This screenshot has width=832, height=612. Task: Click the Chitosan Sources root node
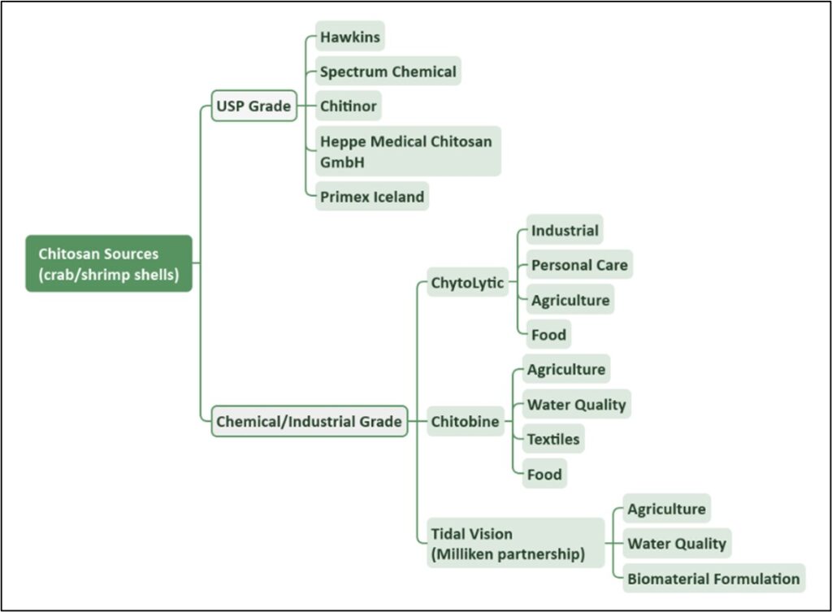109,263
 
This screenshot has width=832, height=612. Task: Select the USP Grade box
253,106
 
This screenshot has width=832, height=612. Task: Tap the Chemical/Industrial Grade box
309,422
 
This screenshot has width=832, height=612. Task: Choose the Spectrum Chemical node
388,72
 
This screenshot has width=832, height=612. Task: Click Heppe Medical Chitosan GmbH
406,151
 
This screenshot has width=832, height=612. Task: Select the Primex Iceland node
371,197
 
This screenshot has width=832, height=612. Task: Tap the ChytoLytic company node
467,283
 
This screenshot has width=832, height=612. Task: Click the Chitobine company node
465,422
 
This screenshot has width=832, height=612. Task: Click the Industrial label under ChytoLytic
565,231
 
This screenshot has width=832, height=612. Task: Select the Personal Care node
579,265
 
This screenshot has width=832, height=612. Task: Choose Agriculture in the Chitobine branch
566,370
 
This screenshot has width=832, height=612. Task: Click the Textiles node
553,439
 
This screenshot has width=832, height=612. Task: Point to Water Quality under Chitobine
576,405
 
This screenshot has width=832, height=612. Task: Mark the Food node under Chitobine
544,474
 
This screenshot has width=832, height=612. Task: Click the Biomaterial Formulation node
713,579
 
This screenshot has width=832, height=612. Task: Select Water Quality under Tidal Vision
677,544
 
